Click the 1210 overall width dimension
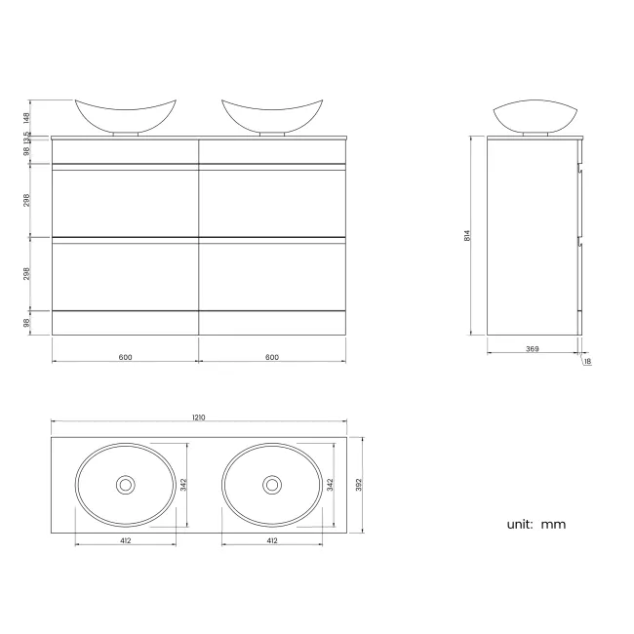199,417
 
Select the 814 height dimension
468,235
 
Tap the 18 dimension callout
587,362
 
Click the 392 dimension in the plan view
359,484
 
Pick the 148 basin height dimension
27,117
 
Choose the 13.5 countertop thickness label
27,137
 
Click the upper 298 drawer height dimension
27,200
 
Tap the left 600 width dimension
125,357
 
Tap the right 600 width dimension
271,357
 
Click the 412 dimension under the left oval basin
126,539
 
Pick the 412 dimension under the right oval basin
271,539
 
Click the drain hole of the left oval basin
126,484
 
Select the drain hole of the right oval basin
271,484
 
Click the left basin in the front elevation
126,115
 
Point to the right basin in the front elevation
271,115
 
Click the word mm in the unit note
553,524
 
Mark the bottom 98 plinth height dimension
27,322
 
